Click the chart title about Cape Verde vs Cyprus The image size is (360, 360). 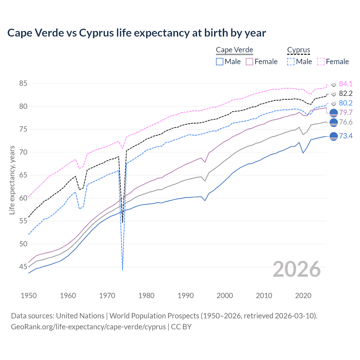tap(136, 33)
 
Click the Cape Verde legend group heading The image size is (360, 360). tap(234, 50)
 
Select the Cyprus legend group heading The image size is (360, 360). tap(298, 50)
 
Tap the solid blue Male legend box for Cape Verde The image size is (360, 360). tap(220, 62)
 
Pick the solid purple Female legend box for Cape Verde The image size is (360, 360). tap(250, 62)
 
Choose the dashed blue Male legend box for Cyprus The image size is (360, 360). tap(291, 62)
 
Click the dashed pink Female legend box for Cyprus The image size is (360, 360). tap(321, 62)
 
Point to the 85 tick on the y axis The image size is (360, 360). tap(23, 84)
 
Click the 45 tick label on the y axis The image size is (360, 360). tap(23, 267)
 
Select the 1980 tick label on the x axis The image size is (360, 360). tap(147, 296)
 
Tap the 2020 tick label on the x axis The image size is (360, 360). tap(303, 296)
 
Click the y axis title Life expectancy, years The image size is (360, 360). tap(12, 180)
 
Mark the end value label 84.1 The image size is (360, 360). tap(346, 84)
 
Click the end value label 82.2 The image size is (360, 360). tap(346, 93)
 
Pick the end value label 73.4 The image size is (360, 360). tap(346, 136)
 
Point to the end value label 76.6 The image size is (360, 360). tap(346, 122)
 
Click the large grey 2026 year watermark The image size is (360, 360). tap(297, 269)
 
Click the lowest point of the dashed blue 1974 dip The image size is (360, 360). tap(123, 270)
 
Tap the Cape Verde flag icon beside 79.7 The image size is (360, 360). tap(333, 113)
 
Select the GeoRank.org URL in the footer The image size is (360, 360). tap(88, 327)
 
